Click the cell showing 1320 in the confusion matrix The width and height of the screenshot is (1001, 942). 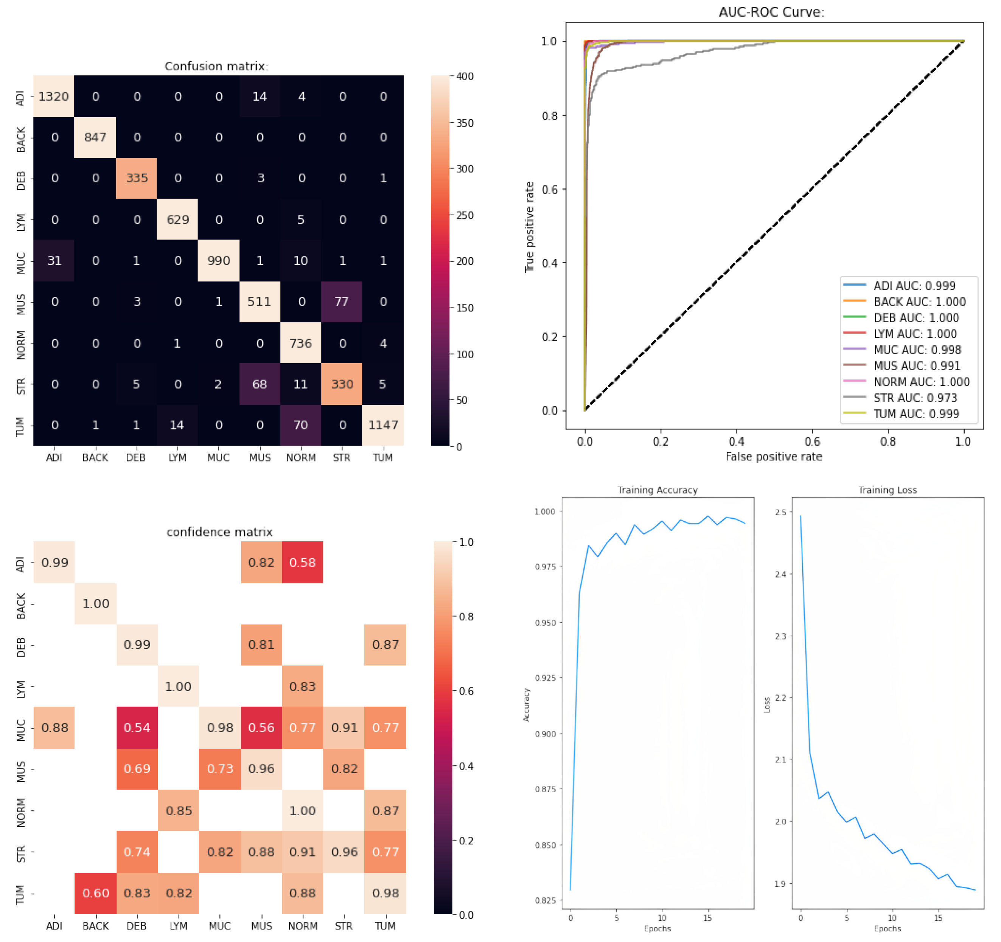(54, 96)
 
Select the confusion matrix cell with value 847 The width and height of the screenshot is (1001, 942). (95, 137)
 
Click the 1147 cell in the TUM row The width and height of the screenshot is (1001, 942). (383, 425)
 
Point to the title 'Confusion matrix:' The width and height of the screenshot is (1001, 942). (216, 66)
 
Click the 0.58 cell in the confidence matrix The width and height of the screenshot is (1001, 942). (302, 563)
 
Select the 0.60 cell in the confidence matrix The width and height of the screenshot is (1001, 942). (96, 893)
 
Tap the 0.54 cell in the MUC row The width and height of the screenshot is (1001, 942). (137, 727)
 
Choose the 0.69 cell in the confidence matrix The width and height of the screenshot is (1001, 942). (137, 769)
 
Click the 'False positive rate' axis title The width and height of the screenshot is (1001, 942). (773, 457)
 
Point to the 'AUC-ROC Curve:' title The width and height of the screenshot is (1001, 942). (771, 12)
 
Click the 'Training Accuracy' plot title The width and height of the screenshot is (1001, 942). (657, 490)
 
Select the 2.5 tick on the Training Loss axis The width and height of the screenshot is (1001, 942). (780, 512)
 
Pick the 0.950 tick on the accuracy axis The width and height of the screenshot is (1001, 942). (545, 622)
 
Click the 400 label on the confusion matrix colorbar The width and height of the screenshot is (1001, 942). (465, 76)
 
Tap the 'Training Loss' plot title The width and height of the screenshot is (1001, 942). (887, 490)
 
